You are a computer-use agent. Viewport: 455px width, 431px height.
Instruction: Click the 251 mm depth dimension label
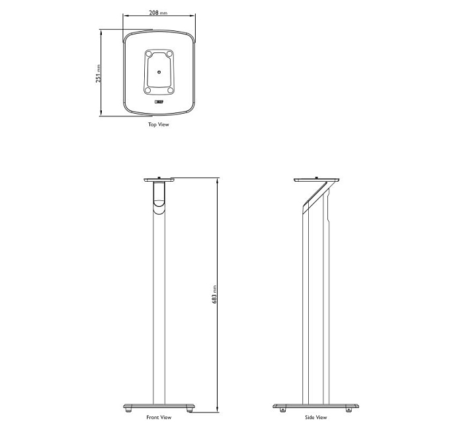pos(99,73)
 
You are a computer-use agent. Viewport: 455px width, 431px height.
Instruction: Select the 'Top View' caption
pos(159,124)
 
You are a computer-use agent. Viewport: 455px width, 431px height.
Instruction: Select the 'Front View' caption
pos(159,417)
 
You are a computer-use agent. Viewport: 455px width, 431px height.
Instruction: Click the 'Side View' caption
pos(316,417)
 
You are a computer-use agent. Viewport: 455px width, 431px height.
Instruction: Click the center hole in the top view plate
pos(159,71)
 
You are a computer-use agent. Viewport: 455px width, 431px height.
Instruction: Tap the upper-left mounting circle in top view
pos(149,54)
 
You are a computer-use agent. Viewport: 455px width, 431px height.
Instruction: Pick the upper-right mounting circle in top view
pos(169,54)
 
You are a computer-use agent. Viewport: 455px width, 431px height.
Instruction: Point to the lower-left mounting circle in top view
pos(148,90)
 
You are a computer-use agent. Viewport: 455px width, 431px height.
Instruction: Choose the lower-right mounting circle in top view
pos(169,90)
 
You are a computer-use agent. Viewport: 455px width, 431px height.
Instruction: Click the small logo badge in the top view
pos(159,102)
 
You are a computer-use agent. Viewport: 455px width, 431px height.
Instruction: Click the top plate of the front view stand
pos(159,179)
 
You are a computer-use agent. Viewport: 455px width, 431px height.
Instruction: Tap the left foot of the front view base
pos(128,410)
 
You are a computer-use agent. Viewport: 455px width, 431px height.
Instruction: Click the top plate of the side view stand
pos(317,179)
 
